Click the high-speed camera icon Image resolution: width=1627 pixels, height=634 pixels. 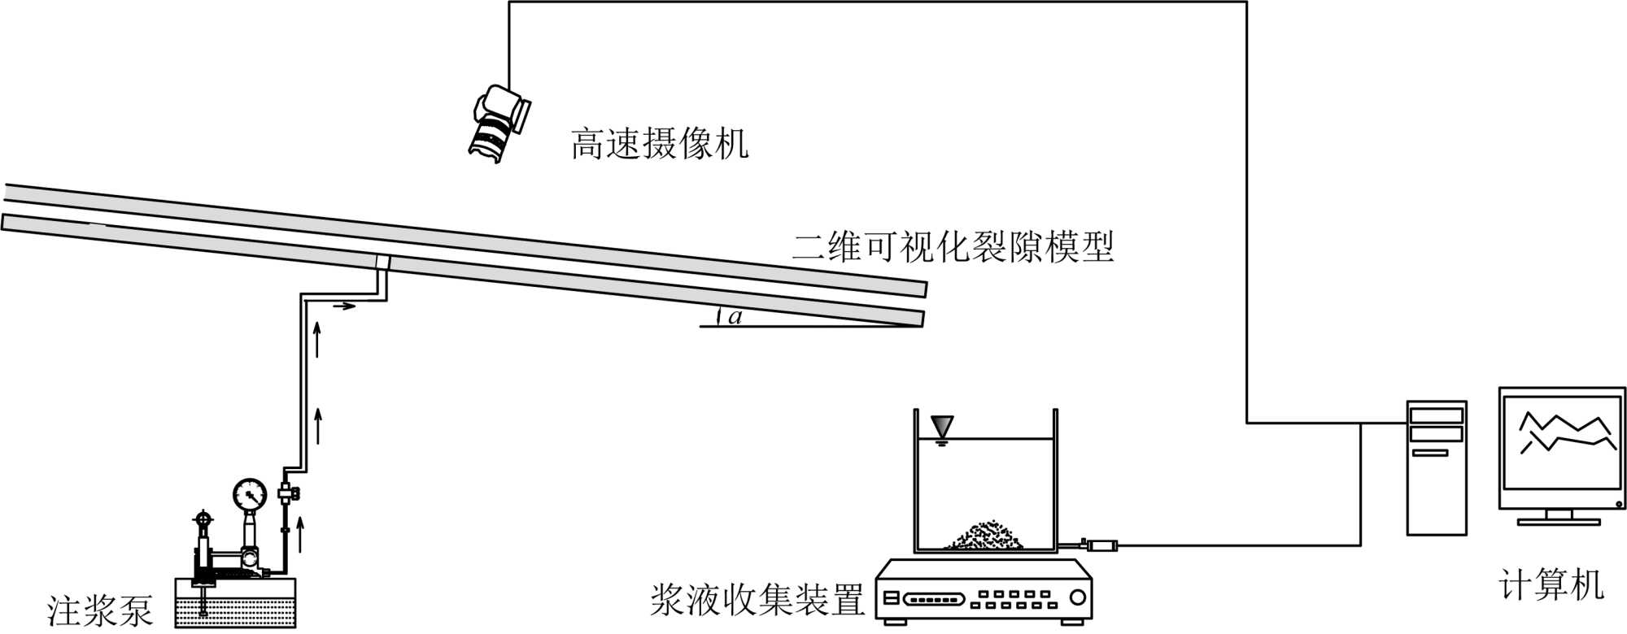498,122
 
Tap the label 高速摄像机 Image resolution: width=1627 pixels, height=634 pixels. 659,144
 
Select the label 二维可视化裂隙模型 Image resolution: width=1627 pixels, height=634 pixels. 953,246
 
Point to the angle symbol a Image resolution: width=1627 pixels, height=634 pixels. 735,317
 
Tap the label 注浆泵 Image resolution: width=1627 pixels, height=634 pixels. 99,610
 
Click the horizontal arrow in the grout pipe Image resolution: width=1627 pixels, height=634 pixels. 345,306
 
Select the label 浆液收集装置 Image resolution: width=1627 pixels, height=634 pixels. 757,601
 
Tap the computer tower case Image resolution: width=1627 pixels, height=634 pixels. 1437,467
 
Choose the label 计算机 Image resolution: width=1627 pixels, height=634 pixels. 1551,585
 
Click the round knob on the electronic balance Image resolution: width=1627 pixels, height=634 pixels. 1078,598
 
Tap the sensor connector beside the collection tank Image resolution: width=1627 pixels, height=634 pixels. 1101,545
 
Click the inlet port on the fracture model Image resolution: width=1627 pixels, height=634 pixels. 382,263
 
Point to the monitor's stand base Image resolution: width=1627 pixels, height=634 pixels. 1559,521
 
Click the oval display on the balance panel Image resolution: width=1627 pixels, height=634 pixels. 934,600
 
